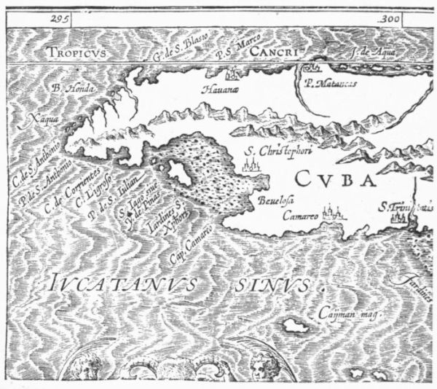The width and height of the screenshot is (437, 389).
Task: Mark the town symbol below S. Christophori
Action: (249, 168)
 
